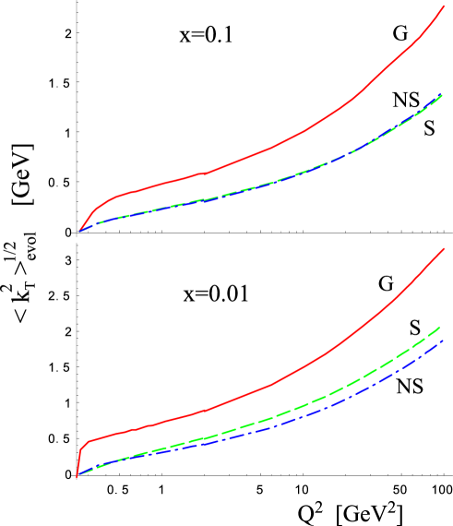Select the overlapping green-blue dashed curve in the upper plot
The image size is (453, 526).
coord(277,182)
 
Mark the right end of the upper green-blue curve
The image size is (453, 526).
coord(443,94)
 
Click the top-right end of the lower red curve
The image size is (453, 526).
coord(445,250)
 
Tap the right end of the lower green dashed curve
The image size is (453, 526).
coord(440,327)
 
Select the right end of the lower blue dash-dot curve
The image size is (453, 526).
coord(444,341)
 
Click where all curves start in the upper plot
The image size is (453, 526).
coord(79,231)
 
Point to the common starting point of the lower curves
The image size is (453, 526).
coord(77,476)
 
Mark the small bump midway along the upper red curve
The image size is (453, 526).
coord(204,173)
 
